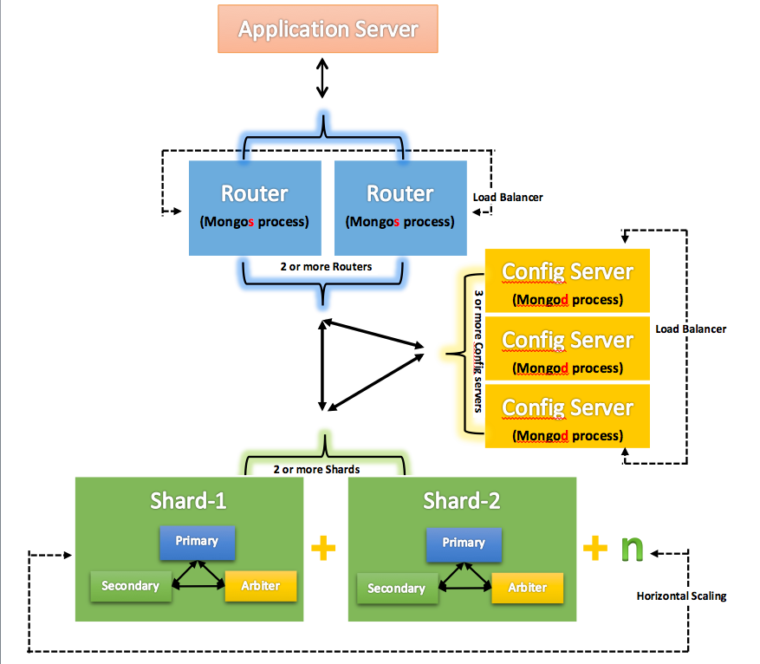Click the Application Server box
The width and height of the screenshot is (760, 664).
coord(328,29)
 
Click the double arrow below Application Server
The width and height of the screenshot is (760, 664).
coord(322,78)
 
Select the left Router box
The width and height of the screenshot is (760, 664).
coord(254,206)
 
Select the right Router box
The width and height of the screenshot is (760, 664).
coord(399,206)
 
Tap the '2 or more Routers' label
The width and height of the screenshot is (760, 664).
coord(326,266)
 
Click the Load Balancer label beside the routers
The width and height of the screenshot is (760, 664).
coord(508,198)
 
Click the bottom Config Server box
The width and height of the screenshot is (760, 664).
coord(568,417)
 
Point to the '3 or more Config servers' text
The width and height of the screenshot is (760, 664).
coord(477,351)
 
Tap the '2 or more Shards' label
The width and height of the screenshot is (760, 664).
coord(316,469)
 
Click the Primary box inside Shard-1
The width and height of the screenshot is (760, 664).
coord(197,541)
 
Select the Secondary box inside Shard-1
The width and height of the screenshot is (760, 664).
coord(130,586)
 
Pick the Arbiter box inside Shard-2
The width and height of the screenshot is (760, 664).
coord(528,588)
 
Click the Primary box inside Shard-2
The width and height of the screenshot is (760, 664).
coord(464,543)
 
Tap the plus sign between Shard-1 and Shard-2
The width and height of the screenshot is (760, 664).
coord(322,547)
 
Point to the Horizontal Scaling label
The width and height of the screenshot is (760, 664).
coord(681,596)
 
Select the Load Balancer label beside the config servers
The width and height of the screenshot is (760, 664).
coord(691,329)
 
